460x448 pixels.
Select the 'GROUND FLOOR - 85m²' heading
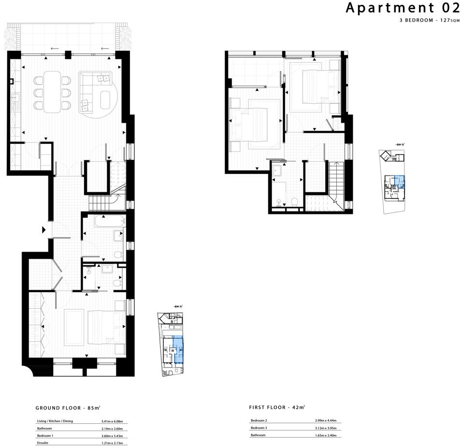(x=68, y=407)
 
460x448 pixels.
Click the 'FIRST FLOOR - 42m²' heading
(x=277, y=407)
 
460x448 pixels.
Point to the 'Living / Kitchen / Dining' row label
(x=55, y=421)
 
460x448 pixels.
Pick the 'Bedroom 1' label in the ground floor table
(x=45, y=435)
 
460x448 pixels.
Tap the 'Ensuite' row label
(x=43, y=443)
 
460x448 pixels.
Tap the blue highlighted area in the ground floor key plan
(x=178, y=349)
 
